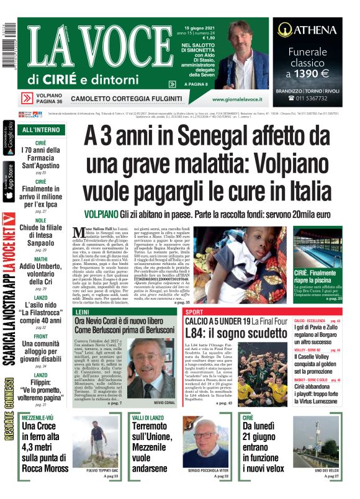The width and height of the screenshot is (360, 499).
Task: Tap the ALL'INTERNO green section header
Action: [x=42, y=130]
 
